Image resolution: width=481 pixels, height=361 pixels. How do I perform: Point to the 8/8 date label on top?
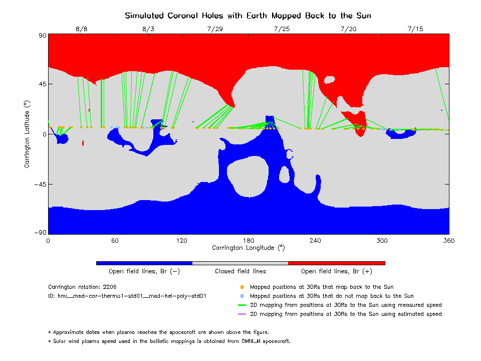click(81, 29)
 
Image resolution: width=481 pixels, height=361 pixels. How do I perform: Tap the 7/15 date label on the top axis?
click(415, 29)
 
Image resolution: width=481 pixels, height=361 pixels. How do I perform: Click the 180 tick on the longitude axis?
click(248, 241)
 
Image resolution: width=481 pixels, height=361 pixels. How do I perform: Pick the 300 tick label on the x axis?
click(382, 241)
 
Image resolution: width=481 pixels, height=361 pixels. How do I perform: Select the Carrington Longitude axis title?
click(248, 248)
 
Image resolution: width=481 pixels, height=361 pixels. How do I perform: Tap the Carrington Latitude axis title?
click(28, 133)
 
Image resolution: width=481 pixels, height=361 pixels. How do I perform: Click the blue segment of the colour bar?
click(144, 263)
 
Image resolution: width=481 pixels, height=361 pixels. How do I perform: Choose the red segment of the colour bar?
click(336, 263)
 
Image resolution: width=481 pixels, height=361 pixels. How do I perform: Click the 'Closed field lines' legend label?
click(241, 271)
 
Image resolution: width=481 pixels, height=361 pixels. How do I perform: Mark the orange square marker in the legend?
click(242, 287)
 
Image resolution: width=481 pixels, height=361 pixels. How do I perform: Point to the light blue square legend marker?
click(242, 296)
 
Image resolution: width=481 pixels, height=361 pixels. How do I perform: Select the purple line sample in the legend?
click(242, 314)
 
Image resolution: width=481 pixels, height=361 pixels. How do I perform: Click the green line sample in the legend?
click(242, 305)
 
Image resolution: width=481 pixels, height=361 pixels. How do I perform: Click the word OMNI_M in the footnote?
click(242, 341)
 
